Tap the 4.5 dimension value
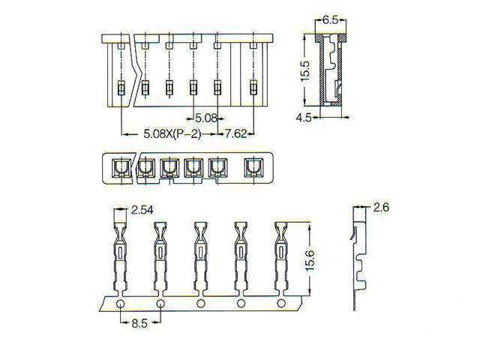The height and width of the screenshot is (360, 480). (x=303, y=118)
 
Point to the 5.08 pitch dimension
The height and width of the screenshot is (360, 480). (x=205, y=118)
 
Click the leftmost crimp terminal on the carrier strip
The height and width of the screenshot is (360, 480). (x=121, y=255)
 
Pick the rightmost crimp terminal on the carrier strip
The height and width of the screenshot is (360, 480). (x=281, y=255)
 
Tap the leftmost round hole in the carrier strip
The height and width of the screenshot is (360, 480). (x=120, y=303)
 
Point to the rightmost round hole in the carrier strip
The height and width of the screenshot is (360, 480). (x=281, y=303)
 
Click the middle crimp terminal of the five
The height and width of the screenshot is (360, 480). (x=201, y=255)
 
